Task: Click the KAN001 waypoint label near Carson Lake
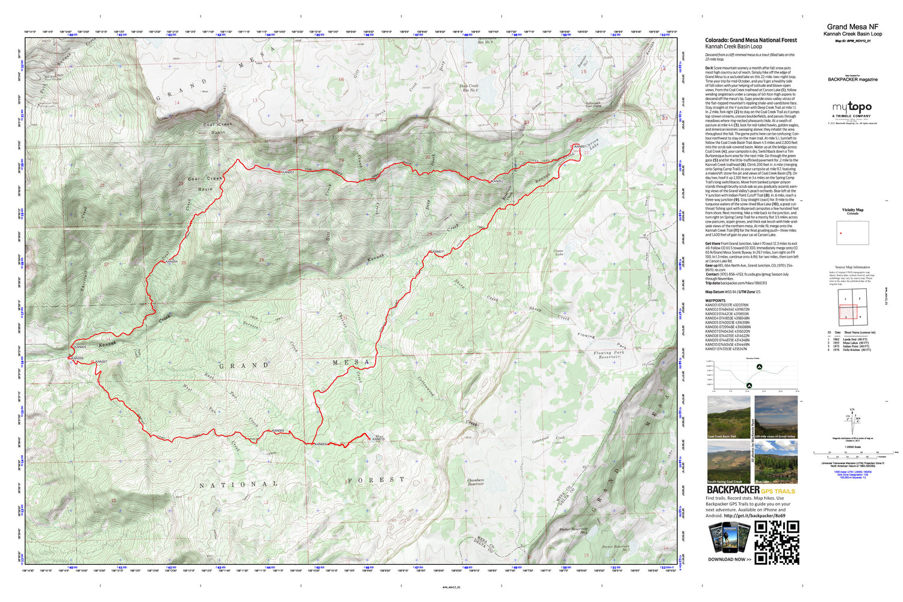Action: (580, 147)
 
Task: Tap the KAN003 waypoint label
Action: (287, 172)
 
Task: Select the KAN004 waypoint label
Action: (172, 262)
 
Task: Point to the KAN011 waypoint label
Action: (438, 252)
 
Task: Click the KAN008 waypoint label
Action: (278, 431)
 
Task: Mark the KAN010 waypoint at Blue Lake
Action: (378, 439)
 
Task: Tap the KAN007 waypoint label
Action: (101, 362)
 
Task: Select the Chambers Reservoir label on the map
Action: (476, 482)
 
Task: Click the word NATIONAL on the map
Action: (239, 485)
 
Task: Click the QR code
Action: (777, 542)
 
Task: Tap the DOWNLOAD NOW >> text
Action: (729, 559)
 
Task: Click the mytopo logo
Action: (852, 107)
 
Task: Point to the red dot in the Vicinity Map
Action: (841, 233)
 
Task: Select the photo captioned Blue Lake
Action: (776, 462)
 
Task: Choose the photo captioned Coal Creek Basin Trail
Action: (728, 417)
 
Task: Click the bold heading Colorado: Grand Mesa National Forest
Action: (751, 40)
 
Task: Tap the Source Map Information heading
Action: (852, 267)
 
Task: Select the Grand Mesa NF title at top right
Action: (852, 27)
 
